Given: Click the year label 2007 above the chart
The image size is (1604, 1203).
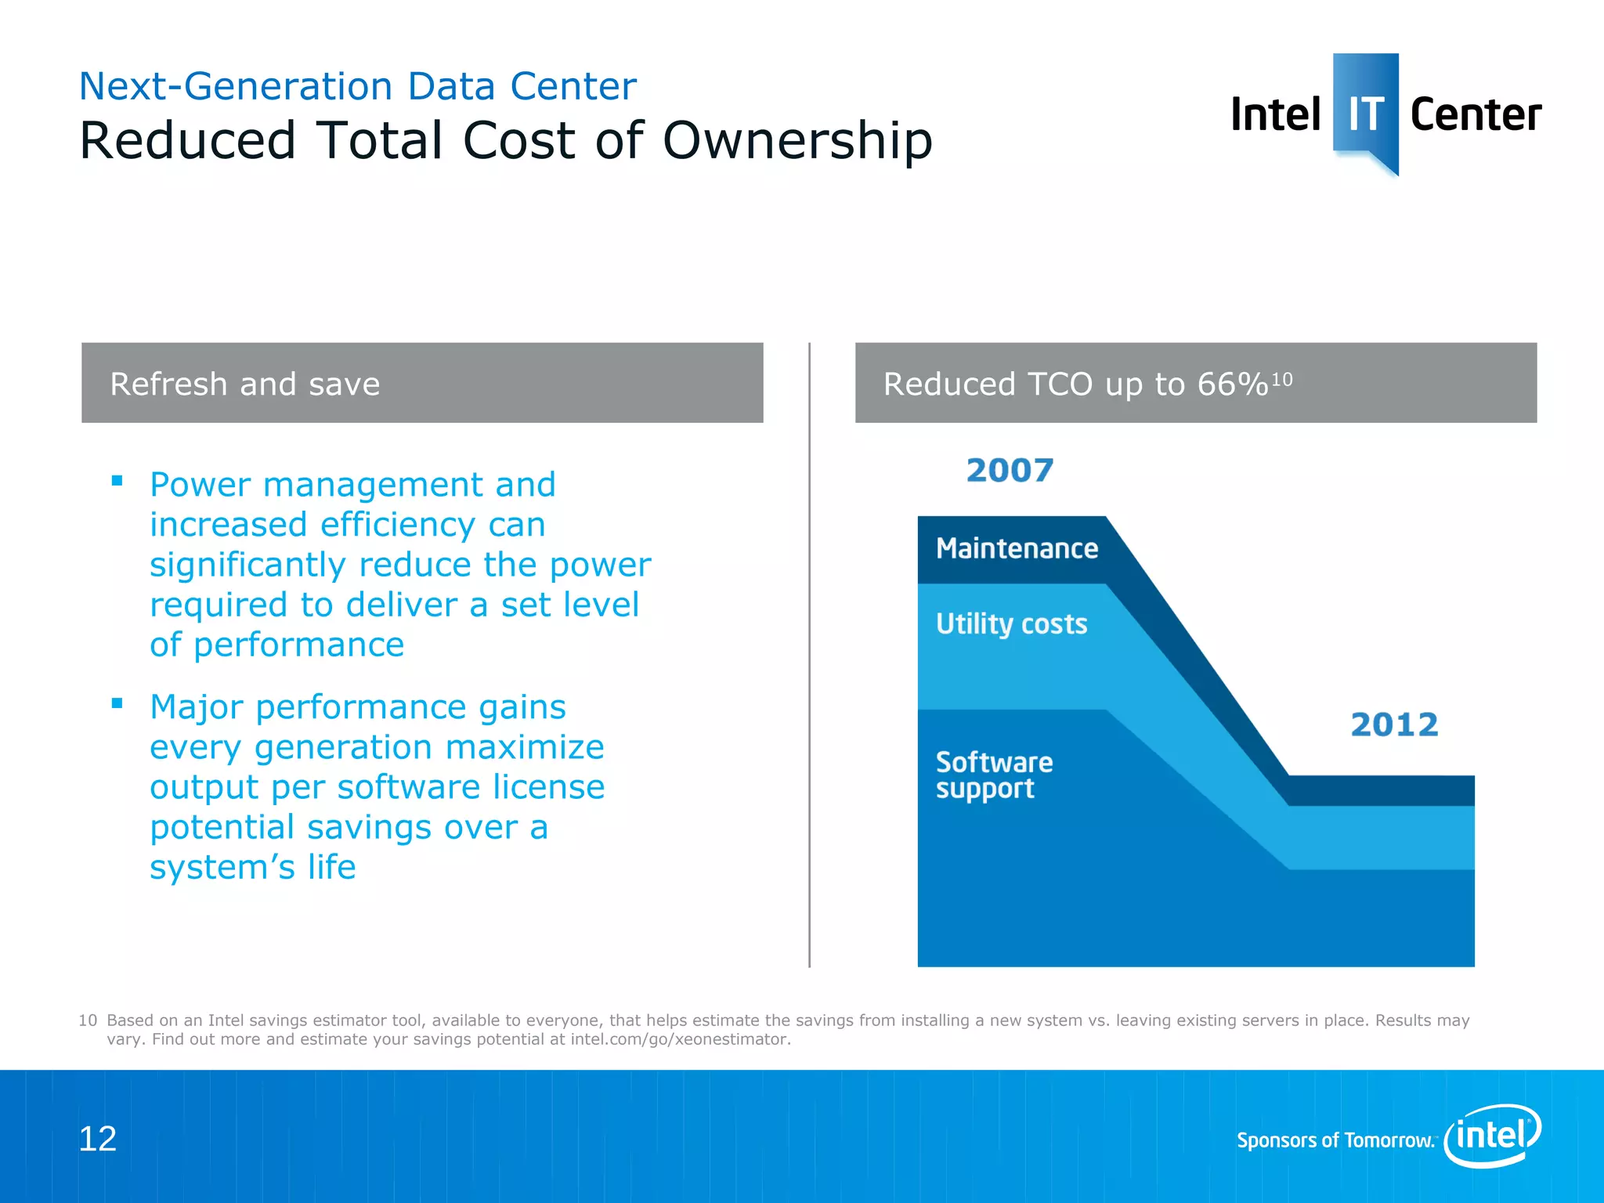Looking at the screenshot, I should coord(1010,471).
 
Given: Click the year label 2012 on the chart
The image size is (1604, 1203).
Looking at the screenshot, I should coord(1394,724).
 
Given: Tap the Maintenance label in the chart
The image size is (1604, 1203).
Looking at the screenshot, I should coord(1017,548).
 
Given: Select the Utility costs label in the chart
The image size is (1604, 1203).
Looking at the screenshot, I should coord(1011,624).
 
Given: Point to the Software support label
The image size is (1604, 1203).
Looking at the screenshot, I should coord(993,775).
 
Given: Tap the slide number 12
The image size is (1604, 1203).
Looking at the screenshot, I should coord(97,1139).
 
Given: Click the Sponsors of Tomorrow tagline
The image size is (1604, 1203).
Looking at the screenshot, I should coord(1335,1140).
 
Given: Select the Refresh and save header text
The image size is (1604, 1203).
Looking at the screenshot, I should coord(244,385).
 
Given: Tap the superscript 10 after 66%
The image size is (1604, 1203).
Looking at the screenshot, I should coord(1281,379).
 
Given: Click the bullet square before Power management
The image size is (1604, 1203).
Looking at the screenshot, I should coord(117,481).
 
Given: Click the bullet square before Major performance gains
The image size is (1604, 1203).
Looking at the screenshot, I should coord(117,703).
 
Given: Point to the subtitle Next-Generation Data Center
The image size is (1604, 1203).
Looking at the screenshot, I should coord(357,86).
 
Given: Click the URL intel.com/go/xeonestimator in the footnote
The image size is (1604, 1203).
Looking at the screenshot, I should coord(680,1039).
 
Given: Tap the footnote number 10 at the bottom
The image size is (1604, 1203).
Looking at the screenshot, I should coord(87,1021).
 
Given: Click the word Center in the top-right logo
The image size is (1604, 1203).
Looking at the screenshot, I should coord(1476,114).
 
